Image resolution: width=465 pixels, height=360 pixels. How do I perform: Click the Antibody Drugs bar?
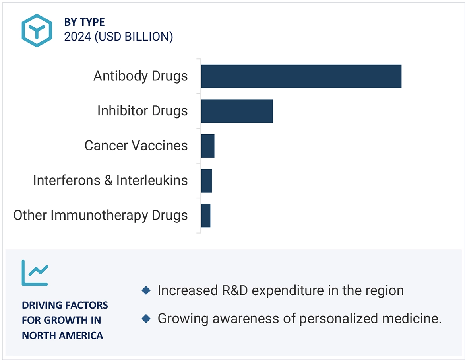(x=301, y=76)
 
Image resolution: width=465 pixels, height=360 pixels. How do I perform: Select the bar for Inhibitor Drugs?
(x=237, y=111)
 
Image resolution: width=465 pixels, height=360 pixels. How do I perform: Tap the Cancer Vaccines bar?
(x=207, y=146)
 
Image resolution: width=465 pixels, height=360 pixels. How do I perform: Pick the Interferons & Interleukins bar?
(x=206, y=181)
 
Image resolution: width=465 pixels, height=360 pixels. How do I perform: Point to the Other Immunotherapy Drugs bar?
(x=205, y=216)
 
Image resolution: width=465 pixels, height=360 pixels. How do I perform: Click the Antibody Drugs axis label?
(x=140, y=76)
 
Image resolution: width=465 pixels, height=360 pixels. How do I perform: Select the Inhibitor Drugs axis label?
(x=142, y=111)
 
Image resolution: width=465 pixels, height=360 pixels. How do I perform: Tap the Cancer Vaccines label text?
(x=136, y=146)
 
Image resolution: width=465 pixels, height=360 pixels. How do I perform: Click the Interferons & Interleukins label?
(x=110, y=181)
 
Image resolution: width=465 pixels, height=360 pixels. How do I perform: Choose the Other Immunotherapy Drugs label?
(x=100, y=216)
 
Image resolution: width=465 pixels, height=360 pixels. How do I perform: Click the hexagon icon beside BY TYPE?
(x=37, y=30)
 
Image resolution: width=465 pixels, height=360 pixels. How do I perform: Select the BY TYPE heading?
(x=84, y=22)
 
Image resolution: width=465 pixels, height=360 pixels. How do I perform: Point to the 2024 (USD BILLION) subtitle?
(x=118, y=37)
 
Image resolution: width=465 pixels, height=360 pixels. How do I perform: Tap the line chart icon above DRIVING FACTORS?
(x=35, y=273)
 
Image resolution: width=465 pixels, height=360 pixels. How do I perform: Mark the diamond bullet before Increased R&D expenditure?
(x=146, y=291)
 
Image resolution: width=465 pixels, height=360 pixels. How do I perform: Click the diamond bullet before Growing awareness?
(x=146, y=319)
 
